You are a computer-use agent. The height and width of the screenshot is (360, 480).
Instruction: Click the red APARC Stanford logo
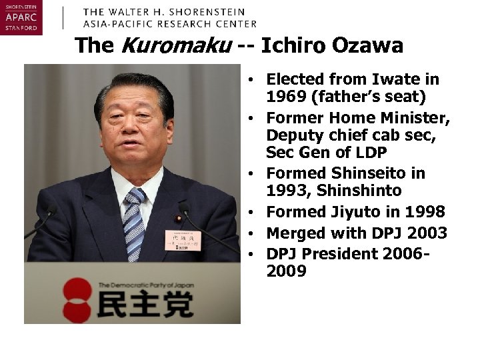21,18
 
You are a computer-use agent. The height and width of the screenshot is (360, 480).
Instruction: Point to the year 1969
288,97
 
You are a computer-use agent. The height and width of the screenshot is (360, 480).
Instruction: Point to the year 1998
423,213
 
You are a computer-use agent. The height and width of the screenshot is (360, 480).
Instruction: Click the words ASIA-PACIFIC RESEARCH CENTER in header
169,23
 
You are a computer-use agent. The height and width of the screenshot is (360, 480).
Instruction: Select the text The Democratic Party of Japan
146,285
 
